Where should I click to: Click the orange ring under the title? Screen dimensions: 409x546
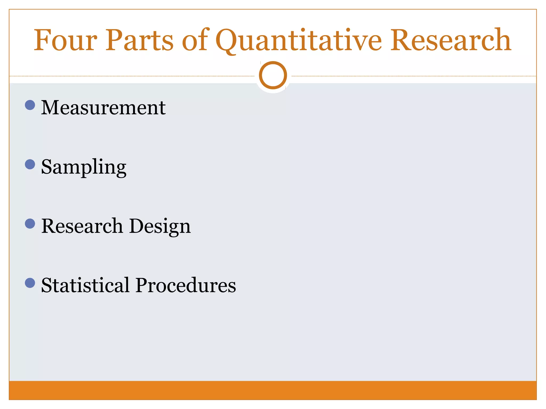(273, 75)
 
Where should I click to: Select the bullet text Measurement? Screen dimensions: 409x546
(103, 108)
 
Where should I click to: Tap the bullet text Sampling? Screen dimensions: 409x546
(84, 167)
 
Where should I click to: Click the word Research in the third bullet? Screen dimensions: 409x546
(82, 226)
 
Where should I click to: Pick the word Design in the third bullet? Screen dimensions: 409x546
(160, 227)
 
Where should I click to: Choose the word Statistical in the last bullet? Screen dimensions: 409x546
(85, 285)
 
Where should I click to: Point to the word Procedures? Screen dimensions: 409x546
(186, 285)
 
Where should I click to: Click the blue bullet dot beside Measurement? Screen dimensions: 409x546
(30, 105)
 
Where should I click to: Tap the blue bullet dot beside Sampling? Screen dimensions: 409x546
(30, 164)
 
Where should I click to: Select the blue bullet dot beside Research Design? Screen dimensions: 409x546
(30, 224)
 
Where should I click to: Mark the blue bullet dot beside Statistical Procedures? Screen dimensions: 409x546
(30, 283)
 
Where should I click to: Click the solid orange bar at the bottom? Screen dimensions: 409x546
(273, 390)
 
